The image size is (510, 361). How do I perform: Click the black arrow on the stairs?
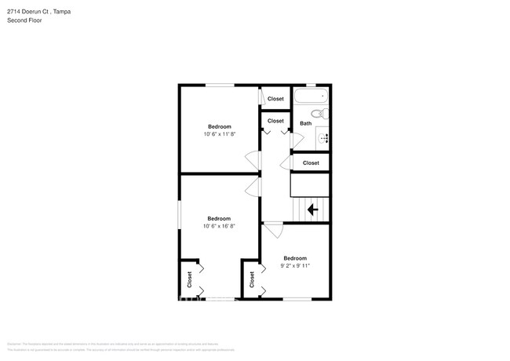point(312,210)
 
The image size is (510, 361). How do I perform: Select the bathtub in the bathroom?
point(310,98)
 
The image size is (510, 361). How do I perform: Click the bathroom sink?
point(324,137)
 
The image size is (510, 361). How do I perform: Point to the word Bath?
point(305,123)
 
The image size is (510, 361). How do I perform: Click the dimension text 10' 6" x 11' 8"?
point(220,133)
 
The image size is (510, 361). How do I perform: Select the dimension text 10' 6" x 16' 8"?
point(219,226)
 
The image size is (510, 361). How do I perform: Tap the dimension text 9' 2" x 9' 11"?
point(295,265)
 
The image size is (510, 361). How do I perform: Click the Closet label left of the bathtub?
point(275,99)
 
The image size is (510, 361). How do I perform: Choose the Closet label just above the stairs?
point(311,163)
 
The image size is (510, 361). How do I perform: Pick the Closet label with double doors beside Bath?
point(275,121)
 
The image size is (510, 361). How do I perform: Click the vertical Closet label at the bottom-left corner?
point(189,279)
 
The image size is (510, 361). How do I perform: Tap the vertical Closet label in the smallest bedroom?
point(251,279)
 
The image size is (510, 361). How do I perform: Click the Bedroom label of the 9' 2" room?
point(295,258)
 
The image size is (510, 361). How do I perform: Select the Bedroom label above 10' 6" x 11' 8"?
point(220,126)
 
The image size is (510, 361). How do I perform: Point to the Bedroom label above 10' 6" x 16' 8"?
point(219,218)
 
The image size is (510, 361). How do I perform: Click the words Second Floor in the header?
point(24,20)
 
